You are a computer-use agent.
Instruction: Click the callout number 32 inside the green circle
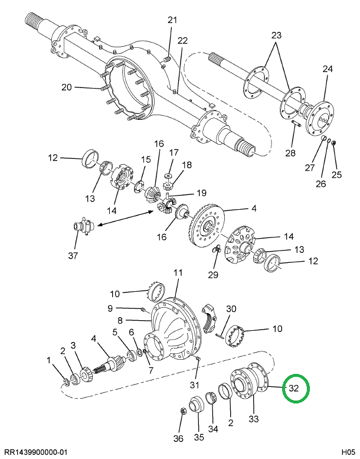[294, 388]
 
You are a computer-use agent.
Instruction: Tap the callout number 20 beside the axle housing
[66, 87]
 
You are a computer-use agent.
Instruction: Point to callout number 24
[328, 69]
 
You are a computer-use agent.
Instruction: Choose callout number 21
[172, 20]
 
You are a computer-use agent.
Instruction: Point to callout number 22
[182, 41]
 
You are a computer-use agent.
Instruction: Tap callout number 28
[290, 154]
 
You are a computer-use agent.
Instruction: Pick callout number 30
[231, 308]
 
